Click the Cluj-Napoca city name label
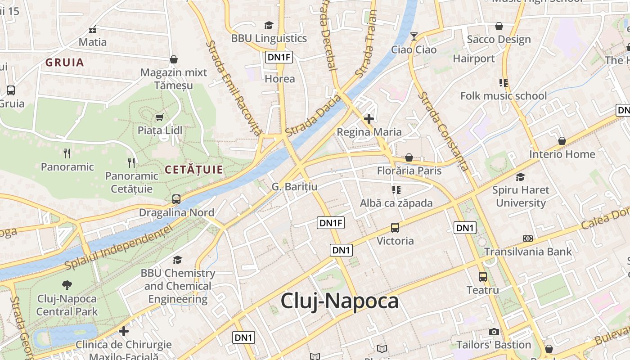[340, 301]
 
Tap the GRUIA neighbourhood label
[65, 63]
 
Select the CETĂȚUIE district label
[194, 170]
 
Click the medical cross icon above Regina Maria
[369, 119]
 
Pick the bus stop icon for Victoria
[395, 228]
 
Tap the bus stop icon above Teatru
[483, 277]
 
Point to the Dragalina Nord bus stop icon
[176, 199]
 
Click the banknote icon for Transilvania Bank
[528, 238]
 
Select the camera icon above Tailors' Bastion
[494, 332]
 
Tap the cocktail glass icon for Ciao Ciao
[414, 36]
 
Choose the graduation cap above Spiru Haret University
[521, 177]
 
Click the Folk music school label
[504, 96]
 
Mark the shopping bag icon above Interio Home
[562, 141]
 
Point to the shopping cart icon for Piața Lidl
[159, 117]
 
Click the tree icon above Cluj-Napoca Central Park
[67, 285]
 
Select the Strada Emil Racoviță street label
[234, 88]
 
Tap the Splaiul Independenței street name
[119, 247]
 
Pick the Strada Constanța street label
[443, 131]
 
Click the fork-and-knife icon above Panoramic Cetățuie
[131, 162]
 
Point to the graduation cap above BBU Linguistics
[269, 25]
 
